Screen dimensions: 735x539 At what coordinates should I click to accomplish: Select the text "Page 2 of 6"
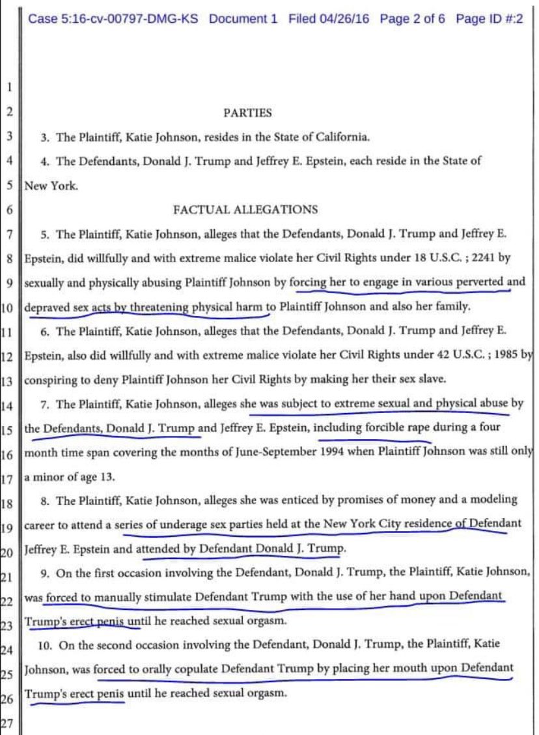click(412, 19)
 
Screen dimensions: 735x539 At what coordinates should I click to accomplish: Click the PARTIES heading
click(247, 113)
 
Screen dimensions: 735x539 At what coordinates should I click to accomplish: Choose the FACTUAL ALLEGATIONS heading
click(245, 209)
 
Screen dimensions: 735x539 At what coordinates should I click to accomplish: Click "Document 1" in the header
click(243, 19)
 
